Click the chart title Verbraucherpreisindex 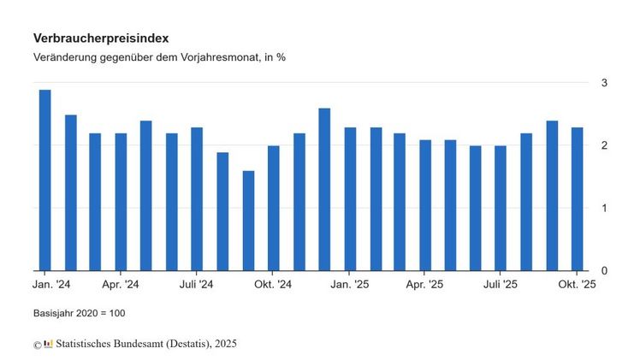pos(101,38)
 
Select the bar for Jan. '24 pos(44,180)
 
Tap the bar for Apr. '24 pos(121,202)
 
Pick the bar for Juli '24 pos(197,199)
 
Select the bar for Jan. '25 pos(350,199)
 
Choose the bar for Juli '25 pos(501,209)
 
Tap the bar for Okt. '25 pos(578,199)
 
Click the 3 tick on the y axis pos(604,82)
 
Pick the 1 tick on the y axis pos(604,208)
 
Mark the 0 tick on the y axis pos(604,271)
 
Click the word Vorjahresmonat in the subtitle pos(211,57)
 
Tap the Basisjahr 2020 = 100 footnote pos(80,313)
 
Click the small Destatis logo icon pos(49,344)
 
